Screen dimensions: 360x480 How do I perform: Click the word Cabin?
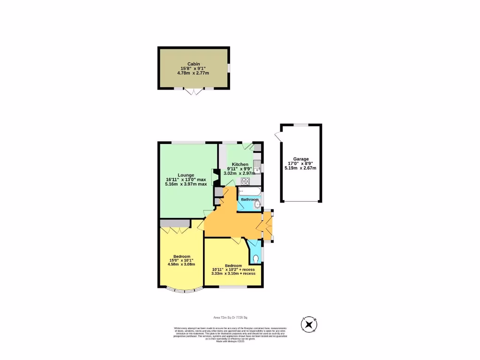point(194,64)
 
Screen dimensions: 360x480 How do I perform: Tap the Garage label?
point(301,159)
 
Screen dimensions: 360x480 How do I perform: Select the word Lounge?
point(186,175)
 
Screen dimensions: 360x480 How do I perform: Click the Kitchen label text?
point(240,165)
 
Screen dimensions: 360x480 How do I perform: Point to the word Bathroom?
point(249,200)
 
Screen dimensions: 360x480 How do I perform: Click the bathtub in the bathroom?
point(249,191)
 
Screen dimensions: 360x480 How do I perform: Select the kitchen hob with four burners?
point(245,181)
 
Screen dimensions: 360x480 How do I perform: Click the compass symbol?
point(309,324)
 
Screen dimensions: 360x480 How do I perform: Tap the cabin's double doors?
point(194,91)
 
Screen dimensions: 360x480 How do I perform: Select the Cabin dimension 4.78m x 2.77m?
point(194,73)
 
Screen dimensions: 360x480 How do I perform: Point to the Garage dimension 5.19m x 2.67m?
point(300,168)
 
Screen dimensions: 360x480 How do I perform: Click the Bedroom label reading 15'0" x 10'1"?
point(181,261)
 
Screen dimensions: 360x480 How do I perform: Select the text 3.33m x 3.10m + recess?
point(233,273)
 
